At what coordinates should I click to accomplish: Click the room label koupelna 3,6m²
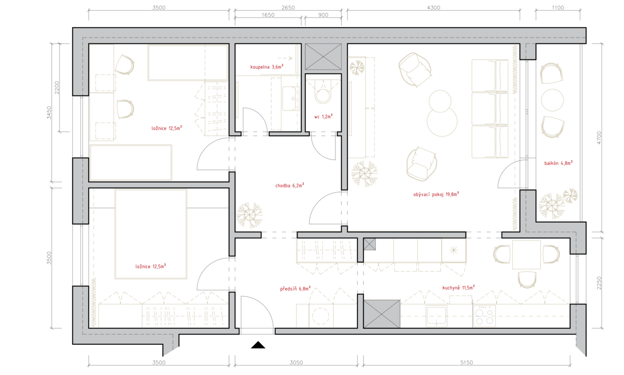[267, 67]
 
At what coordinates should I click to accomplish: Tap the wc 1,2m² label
[323, 116]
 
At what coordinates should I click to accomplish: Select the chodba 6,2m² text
[290, 185]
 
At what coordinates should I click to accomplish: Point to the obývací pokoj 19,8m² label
[436, 194]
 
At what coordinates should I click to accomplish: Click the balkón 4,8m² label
[558, 163]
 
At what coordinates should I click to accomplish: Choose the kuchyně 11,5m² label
[458, 287]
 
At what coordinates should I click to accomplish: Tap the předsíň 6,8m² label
[295, 288]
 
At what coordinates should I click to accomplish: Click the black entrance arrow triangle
[258, 345]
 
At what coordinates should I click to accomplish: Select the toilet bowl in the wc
[323, 93]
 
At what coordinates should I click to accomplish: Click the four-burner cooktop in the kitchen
[485, 316]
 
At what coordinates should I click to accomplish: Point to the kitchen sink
[436, 316]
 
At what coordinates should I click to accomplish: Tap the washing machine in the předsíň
[321, 316]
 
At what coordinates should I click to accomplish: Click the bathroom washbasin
[291, 98]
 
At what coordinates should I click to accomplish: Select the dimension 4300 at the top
[433, 7]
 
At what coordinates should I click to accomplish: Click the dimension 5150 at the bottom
[467, 362]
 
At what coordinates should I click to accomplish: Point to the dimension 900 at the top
[323, 15]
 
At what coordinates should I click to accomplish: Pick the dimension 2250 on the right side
[599, 282]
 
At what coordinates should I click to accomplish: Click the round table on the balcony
[552, 100]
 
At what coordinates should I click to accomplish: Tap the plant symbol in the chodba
[249, 215]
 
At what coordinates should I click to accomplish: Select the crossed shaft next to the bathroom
[323, 56]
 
